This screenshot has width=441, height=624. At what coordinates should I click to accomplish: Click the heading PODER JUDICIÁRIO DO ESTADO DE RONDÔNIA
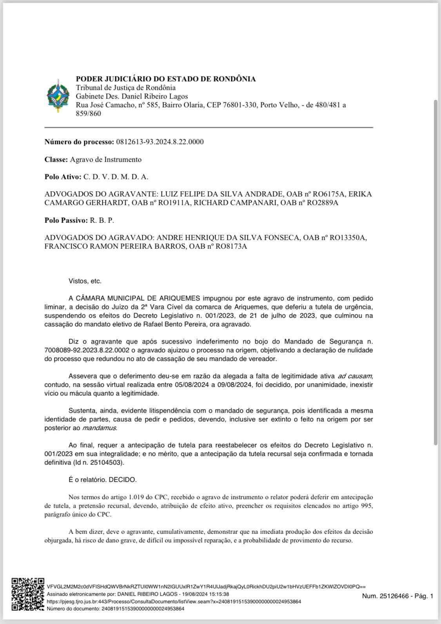165,79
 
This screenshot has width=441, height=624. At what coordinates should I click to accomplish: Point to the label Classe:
56,159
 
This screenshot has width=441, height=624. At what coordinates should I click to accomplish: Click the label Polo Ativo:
63,177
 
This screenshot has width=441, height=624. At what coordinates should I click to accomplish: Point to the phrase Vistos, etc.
85,281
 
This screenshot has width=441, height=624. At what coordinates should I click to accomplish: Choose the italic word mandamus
99,428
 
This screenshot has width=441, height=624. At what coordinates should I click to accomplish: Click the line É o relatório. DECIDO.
103,480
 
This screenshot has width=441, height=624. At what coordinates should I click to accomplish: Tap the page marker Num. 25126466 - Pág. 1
397,596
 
